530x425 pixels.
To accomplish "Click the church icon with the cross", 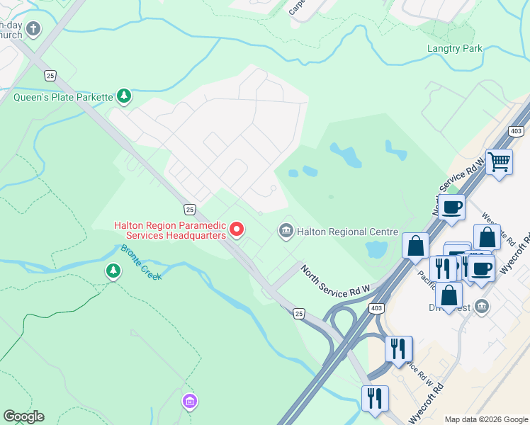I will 33,29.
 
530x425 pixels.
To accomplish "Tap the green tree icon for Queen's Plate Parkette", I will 124,96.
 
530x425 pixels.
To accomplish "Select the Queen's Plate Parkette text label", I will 63,96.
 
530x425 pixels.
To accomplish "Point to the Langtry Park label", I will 454,49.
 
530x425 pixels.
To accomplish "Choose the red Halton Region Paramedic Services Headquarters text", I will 170,230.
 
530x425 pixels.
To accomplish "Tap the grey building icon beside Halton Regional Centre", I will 286,230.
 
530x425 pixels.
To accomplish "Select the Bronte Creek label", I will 140,262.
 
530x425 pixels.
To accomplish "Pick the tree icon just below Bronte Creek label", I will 113,271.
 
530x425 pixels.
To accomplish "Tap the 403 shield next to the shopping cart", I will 515,132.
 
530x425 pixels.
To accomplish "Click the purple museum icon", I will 188,402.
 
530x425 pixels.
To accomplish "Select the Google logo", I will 23,416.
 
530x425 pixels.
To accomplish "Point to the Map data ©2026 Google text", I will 485,419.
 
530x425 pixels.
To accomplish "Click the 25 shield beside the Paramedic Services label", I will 189,209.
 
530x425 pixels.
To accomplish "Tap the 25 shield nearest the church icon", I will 50,75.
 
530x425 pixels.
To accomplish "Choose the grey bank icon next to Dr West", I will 482,306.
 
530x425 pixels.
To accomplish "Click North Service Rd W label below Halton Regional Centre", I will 335,281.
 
